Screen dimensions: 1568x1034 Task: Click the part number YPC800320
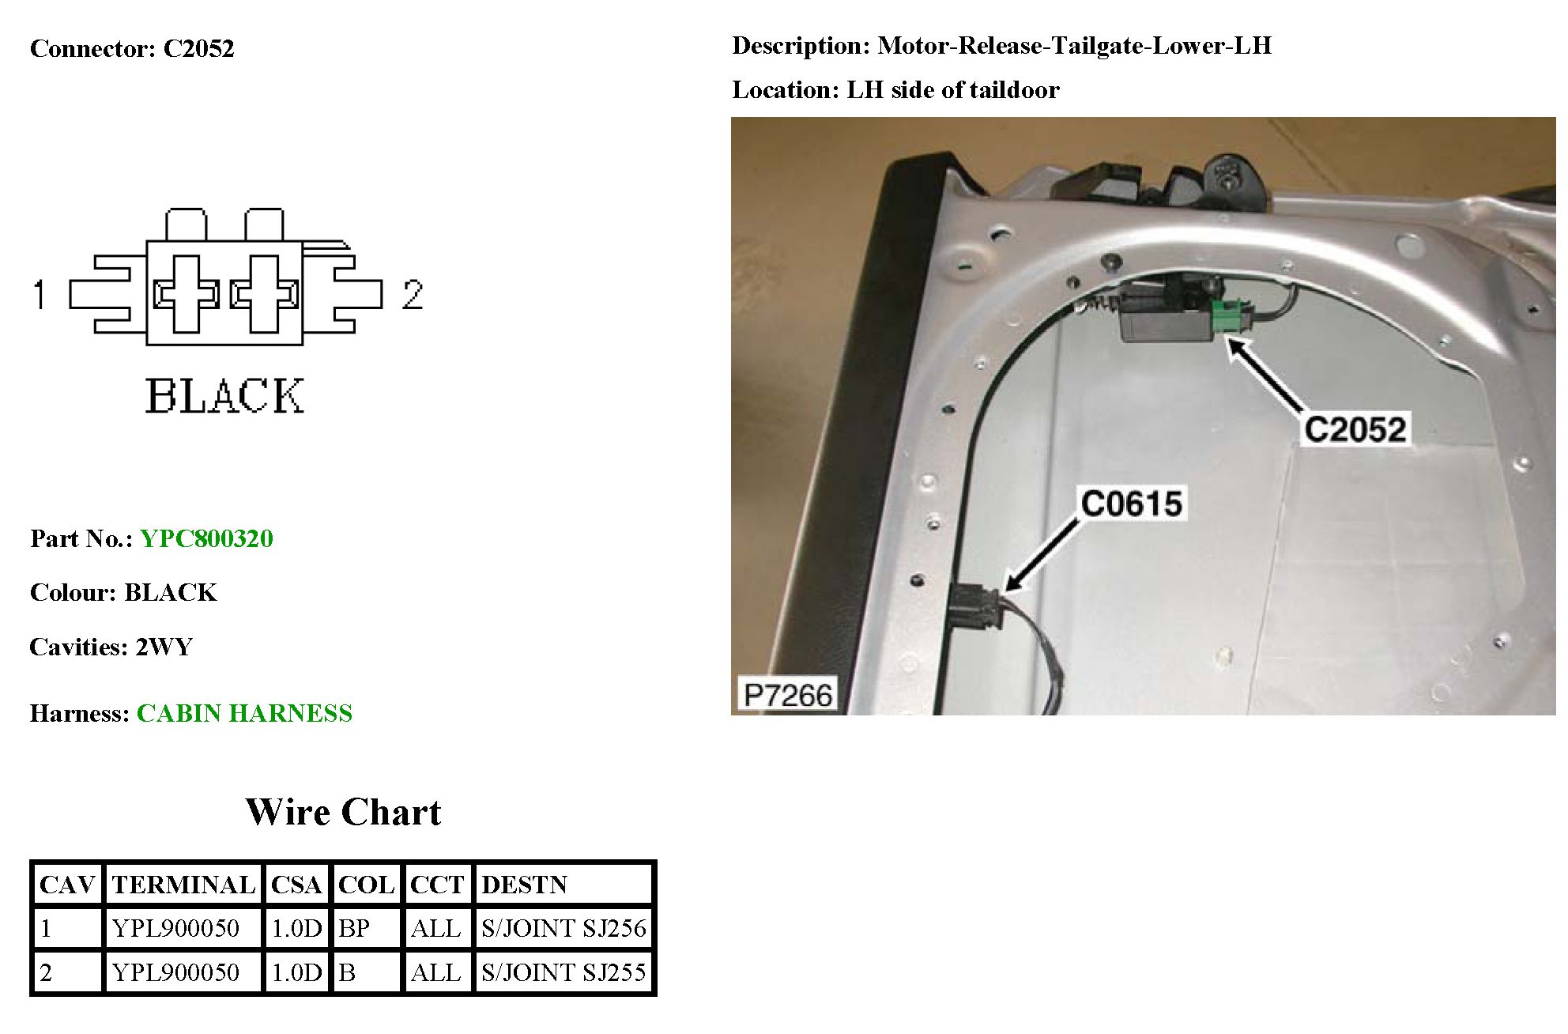(206, 539)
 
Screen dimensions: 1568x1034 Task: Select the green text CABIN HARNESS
(244, 714)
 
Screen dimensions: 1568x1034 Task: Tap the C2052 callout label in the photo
(1355, 430)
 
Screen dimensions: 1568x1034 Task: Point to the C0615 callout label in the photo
(1131, 504)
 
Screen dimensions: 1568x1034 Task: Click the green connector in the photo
(1230, 315)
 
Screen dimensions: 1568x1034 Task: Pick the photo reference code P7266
(787, 696)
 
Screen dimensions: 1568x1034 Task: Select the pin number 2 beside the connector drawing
(412, 295)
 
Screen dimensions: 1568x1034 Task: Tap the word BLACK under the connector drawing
(224, 396)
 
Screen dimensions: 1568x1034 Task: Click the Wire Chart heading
(343, 813)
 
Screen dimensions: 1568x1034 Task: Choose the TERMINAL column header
(183, 885)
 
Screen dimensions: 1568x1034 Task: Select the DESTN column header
(524, 885)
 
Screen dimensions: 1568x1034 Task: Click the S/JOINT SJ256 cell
(563, 928)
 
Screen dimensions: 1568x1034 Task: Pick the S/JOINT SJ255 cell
(563, 972)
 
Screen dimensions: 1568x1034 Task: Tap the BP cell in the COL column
(354, 928)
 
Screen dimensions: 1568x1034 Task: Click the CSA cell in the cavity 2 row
(296, 972)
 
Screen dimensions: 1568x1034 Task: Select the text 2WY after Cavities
(164, 647)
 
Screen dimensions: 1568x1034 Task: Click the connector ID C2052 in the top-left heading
(198, 49)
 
